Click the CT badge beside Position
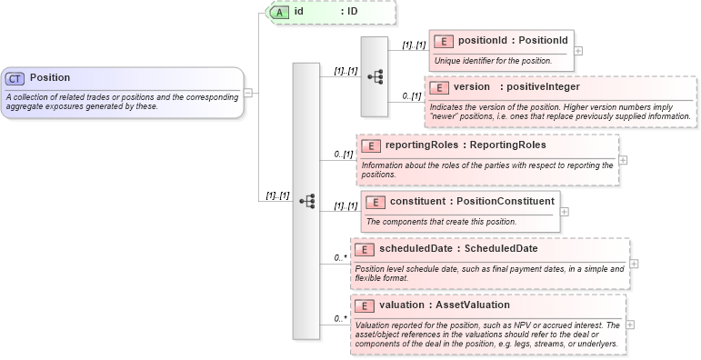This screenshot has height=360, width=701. [x=15, y=78]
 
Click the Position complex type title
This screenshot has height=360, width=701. [x=50, y=78]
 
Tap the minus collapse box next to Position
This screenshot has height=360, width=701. [x=247, y=92]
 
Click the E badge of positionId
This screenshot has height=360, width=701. [x=443, y=41]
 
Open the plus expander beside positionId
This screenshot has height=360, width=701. [x=578, y=51]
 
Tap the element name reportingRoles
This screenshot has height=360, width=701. [x=421, y=145]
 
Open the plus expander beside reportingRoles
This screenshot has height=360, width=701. [x=623, y=159]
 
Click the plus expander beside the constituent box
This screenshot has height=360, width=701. [x=564, y=211]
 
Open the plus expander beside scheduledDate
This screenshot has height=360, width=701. [x=634, y=264]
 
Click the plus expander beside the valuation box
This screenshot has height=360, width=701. [x=631, y=325]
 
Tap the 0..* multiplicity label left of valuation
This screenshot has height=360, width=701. [x=340, y=318]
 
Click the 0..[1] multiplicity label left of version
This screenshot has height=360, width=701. [x=411, y=95]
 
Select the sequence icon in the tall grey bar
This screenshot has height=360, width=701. [x=306, y=201]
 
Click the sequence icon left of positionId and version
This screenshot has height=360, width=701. [x=375, y=77]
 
